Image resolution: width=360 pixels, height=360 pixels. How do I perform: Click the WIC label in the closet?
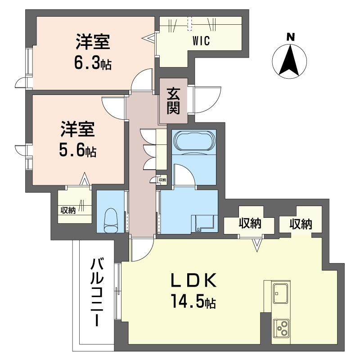click(202, 42)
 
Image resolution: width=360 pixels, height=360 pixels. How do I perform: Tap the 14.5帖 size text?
click(193, 301)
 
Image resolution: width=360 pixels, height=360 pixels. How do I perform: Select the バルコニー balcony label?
click(95, 292)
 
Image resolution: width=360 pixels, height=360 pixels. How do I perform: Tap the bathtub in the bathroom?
click(193, 141)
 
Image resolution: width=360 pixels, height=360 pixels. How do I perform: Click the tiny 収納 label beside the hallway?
click(162, 180)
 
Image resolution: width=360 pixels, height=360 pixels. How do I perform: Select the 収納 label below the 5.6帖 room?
click(68, 210)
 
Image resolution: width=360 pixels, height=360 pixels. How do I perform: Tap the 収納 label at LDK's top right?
click(301, 224)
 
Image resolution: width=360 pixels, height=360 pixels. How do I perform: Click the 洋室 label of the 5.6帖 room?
click(77, 130)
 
